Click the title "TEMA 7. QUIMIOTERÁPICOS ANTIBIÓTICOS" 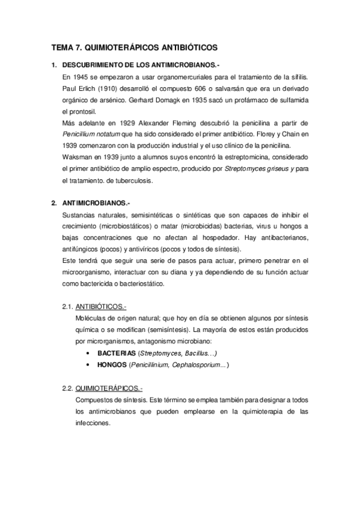tap(134, 46)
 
